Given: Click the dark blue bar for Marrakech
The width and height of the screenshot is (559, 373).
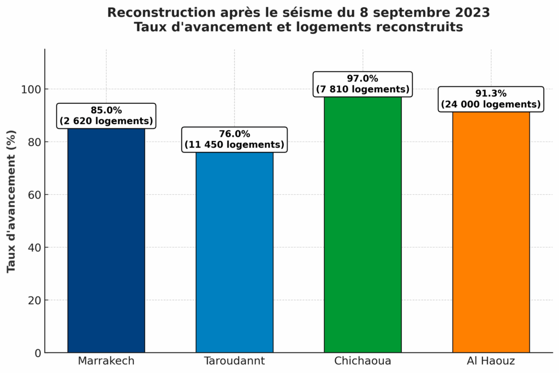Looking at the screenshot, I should pyautogui.click(x=106, y=241).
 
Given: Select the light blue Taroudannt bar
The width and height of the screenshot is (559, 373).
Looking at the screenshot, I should pyautogui.click(x=234, y=252).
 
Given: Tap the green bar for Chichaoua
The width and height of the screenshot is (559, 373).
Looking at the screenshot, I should pyautogui.click(x=362, y=224).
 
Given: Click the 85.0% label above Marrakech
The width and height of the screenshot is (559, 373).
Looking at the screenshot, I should pyautogui.click(x=106, y=116).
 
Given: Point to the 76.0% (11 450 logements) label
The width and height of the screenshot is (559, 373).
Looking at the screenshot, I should pyautogui.click(x=234, y=139).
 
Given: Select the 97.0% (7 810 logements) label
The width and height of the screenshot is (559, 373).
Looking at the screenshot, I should pyautogui.click(x=362, y=84).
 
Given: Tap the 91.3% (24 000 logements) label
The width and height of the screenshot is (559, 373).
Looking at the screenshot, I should pyautogui.click(x=491, y=99).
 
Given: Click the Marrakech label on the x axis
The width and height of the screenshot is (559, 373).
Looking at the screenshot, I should pyautogui.click(x=106, y=361).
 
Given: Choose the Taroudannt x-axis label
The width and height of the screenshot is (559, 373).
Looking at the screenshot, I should pyautogui.click(x=234, y=361).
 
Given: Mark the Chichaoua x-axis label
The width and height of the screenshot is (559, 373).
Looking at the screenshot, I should pyautogui.click(x=362, y=361).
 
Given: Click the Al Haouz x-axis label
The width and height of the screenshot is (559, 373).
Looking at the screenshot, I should pyautogui.click(x=491, y=361).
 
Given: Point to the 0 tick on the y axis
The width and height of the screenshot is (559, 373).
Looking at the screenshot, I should pyautogui.click(x=38, y=353).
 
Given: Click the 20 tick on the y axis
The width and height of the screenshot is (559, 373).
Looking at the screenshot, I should pyautogui.click(x=34, y=300).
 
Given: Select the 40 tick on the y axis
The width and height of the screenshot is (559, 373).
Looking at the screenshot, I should pyautogui.click(x=34, y=248).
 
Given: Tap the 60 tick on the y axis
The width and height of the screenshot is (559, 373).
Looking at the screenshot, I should pyautogui.click(x=34, y=195).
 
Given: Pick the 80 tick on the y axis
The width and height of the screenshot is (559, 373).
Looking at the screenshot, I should pyautogui.click(x=34, y=142).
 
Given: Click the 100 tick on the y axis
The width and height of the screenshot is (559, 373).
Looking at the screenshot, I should pyautogui.click(x=32, y=89).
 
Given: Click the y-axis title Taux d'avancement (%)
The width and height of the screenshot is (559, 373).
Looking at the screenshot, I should pyautogui.click(x=11, y=201).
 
